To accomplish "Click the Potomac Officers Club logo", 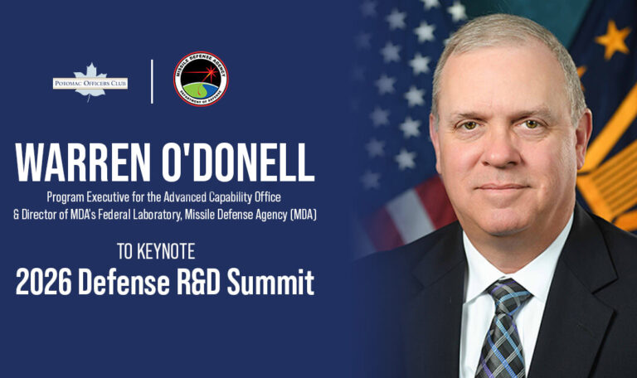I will tap(90, 82).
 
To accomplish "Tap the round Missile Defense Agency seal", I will tap(200, 80).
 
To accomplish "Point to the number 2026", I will tap(44, 283).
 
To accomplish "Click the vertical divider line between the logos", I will tap(152, 80).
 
